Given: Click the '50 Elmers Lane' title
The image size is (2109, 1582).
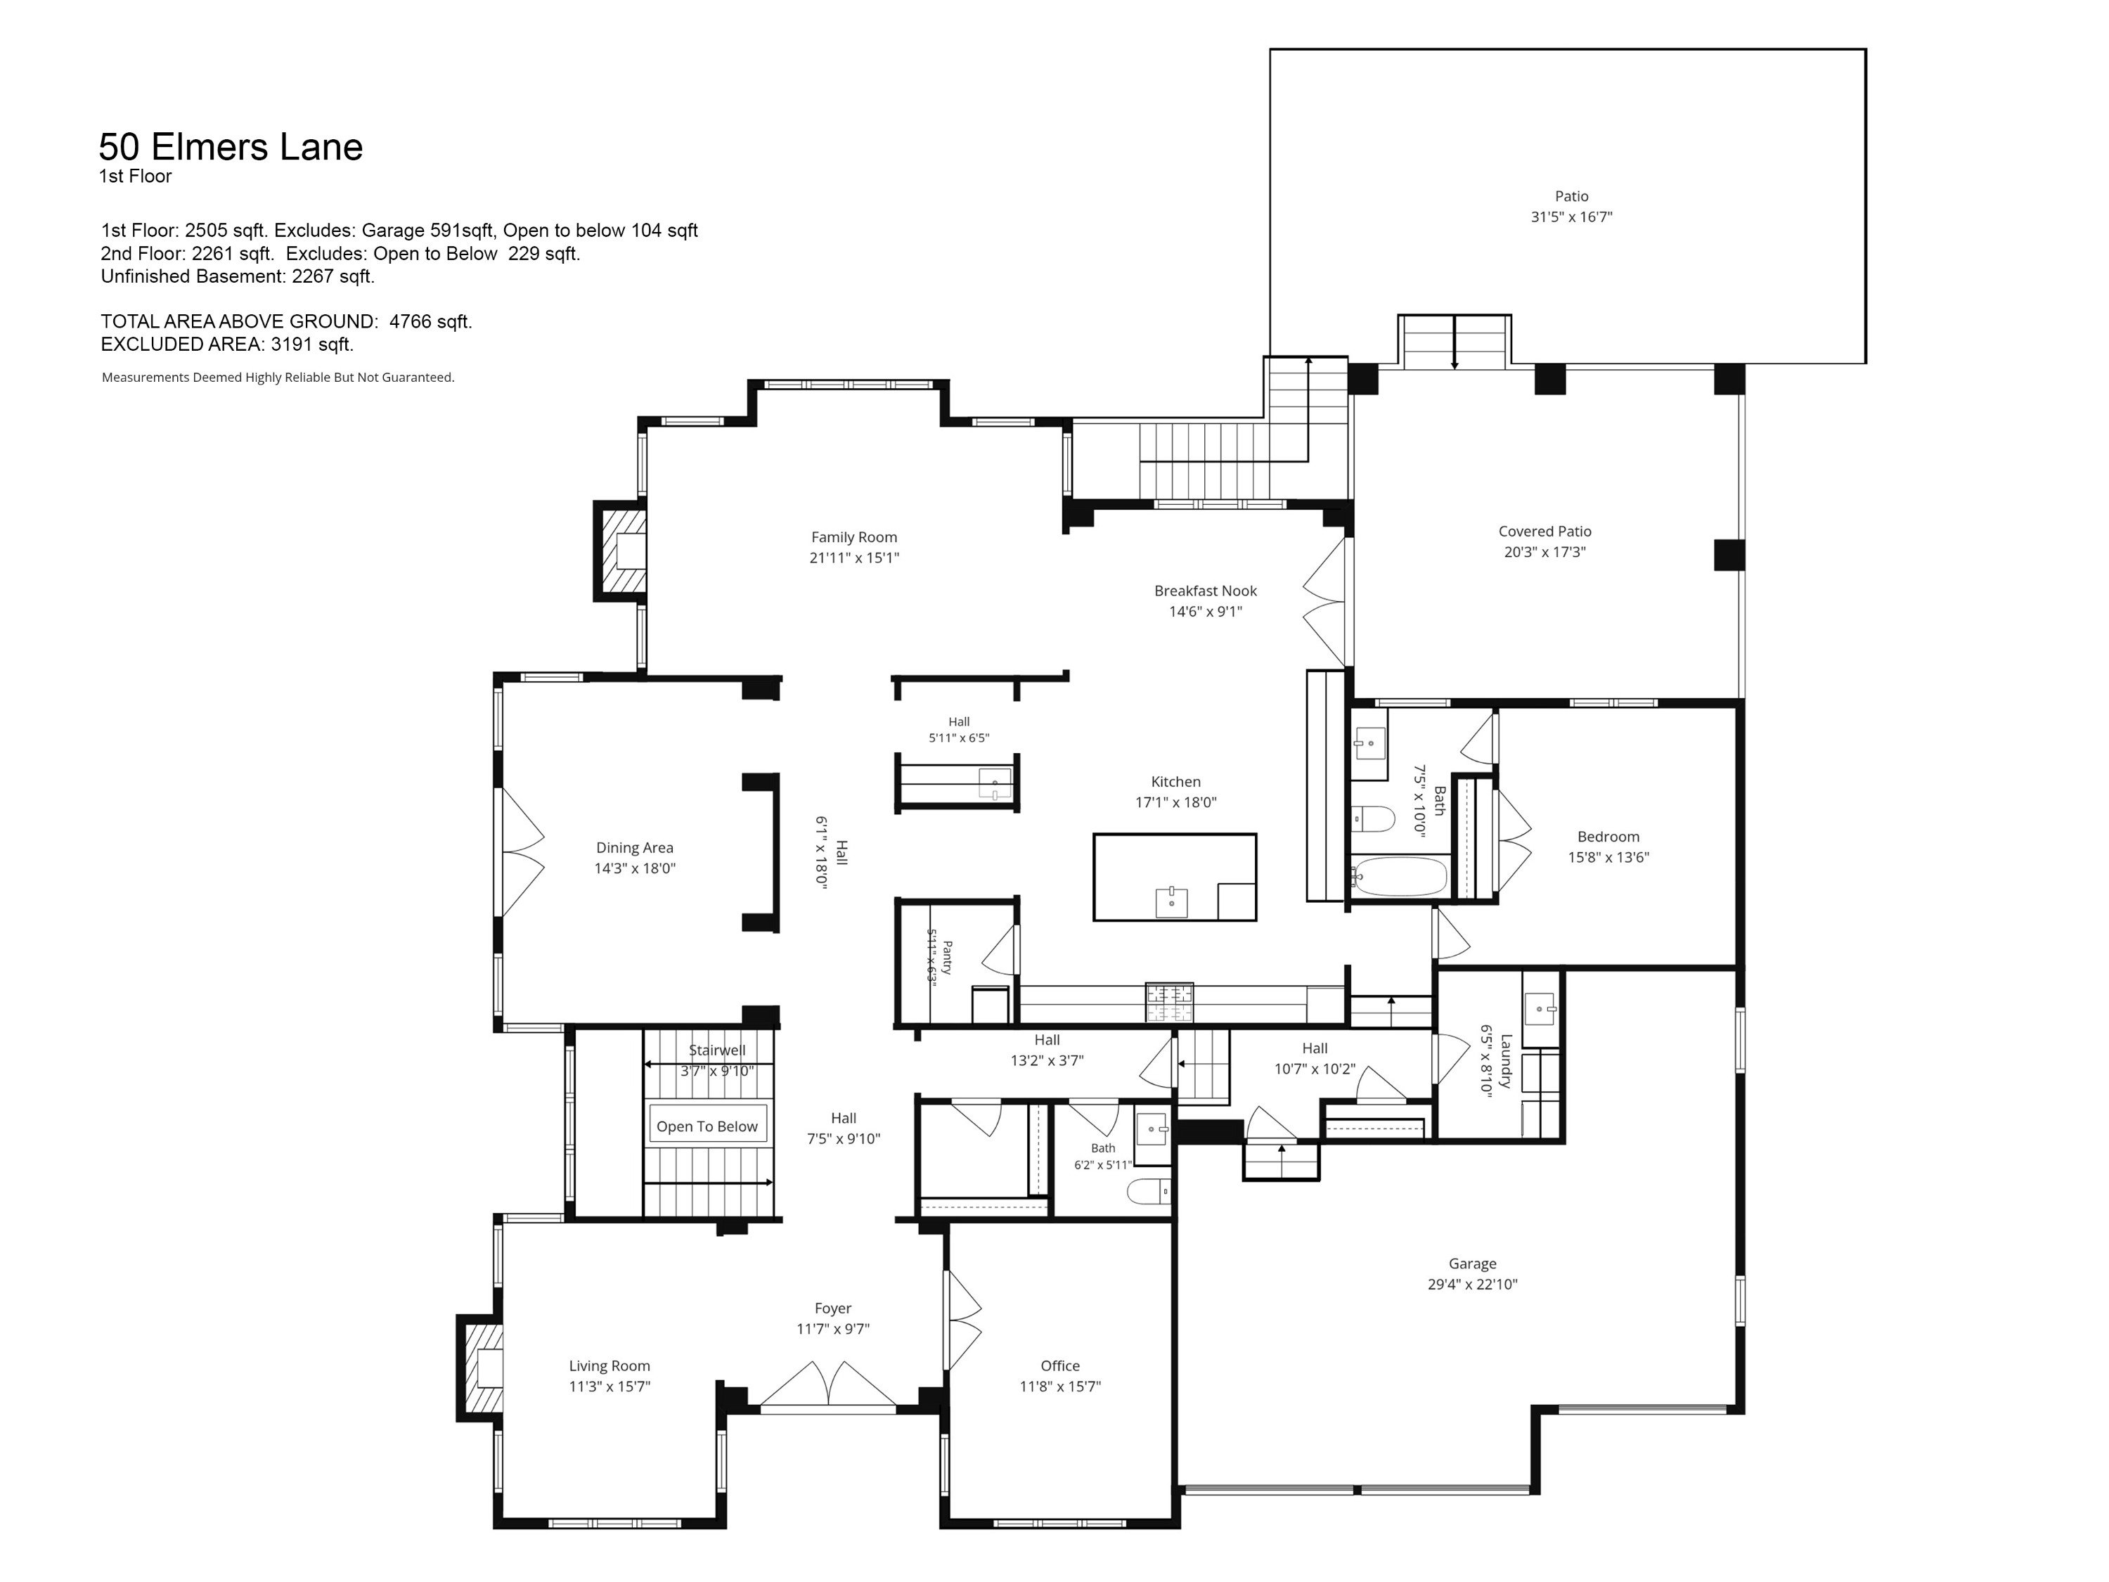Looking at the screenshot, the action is coord(231,147).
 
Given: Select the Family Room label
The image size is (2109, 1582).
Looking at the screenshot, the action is coord(854,537).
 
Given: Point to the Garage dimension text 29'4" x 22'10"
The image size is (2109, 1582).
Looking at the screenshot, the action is coord(1472,1283).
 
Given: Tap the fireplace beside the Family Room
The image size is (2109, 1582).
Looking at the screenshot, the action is coord(621,551).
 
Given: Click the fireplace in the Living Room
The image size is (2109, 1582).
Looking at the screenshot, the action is coord(482,1368).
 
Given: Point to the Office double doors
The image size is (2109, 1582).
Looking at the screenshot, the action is coord(963,1320).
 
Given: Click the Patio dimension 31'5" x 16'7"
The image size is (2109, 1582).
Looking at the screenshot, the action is coord(1571,217).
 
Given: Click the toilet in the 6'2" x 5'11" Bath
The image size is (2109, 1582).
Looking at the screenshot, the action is coord(1148,1191).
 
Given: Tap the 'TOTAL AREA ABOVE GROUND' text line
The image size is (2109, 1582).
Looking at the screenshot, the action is coord(287,321).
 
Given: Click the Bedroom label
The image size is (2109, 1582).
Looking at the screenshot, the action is coord(1608,836).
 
